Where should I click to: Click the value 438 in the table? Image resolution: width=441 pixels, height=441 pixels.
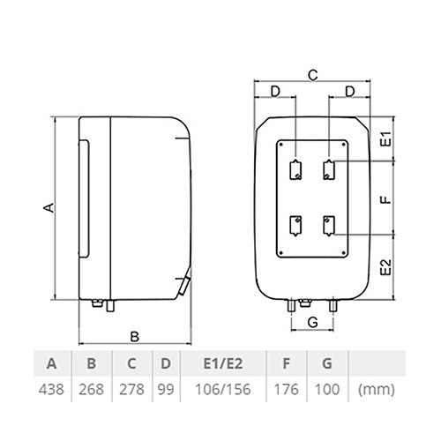tap(51, 389)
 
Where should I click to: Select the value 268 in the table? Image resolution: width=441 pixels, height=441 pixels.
tap(91, 389)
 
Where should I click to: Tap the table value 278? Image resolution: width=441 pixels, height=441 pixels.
tap(131, 389)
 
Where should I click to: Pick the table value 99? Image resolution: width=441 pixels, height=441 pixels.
tap(166, 389)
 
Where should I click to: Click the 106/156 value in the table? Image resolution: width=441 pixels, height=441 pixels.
tap(223, 389)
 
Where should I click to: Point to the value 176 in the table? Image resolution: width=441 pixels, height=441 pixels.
tap(286, 389)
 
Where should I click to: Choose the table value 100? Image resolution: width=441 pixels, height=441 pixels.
tap(327, 389)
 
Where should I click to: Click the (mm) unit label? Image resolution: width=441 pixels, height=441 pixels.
tap(377, 390)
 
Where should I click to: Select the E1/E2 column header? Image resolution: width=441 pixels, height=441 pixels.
tap(223, 363)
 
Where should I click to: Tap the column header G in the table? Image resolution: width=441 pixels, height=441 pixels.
tap(327, 363)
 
